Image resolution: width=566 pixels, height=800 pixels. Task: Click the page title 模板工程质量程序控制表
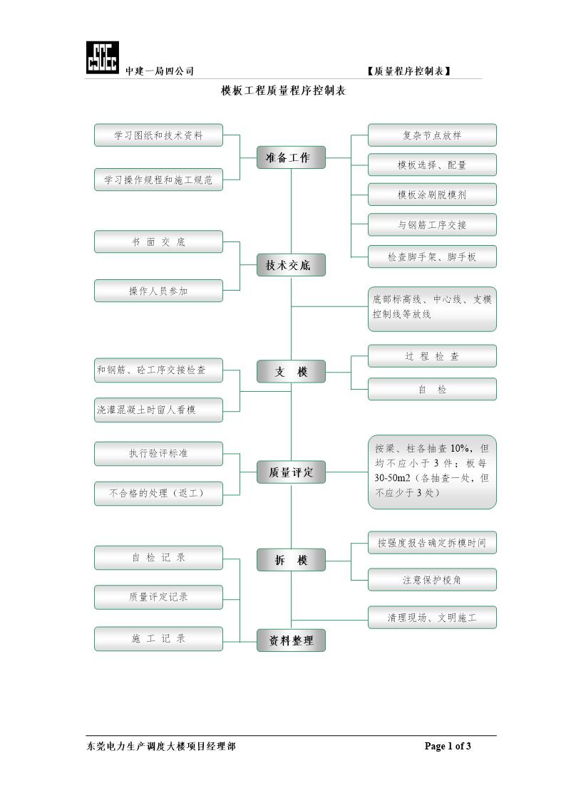(283, 91)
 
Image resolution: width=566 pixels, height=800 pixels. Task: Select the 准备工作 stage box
(291, 157)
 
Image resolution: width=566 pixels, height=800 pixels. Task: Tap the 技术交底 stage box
(291, 265)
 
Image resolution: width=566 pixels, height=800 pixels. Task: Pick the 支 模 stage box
(291, 371)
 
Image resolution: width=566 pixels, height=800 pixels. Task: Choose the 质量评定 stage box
(291, 472)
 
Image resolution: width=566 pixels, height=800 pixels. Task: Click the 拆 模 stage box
(291, 560)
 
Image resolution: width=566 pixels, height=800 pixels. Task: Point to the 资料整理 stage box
(291, 640)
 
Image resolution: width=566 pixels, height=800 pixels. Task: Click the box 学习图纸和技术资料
(158, 135)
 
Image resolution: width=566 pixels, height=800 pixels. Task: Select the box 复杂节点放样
(432, 135)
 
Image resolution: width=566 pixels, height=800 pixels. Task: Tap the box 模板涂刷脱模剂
(432, 194)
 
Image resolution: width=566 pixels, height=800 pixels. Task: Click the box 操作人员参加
(158, 291)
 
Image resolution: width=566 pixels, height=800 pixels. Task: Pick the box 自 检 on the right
(432, 389)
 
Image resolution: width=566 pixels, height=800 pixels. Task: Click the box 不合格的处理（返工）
(158, 492)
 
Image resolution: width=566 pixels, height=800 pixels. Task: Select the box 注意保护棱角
(432, 579)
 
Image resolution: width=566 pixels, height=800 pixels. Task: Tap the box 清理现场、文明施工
(432, 618)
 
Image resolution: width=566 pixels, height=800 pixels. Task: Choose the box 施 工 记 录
(158, 638)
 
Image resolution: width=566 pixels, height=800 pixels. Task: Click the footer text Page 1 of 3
(448, 746)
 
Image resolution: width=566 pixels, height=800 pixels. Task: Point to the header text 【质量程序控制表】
(409, 71)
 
